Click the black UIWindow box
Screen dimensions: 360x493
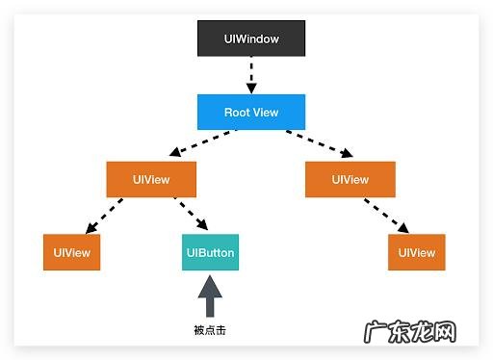[251, 39]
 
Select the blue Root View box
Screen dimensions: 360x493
[251, 113]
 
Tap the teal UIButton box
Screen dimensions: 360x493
[210, 253]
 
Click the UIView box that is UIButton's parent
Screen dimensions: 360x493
[151, 179]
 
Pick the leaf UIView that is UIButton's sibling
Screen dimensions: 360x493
[72, 253]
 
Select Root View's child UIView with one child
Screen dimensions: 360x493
[350, 179]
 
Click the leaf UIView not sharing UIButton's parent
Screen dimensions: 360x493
[417, 253]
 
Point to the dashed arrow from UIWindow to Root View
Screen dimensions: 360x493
[251, 75]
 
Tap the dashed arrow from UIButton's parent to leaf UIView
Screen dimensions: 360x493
[105, 216]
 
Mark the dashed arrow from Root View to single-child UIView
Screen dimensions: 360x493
[319, 145]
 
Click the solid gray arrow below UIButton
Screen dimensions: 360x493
[210, 296]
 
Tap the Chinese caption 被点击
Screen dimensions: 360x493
[210, 330]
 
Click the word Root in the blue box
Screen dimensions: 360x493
[237, 113]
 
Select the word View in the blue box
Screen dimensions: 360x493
[266, 113]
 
